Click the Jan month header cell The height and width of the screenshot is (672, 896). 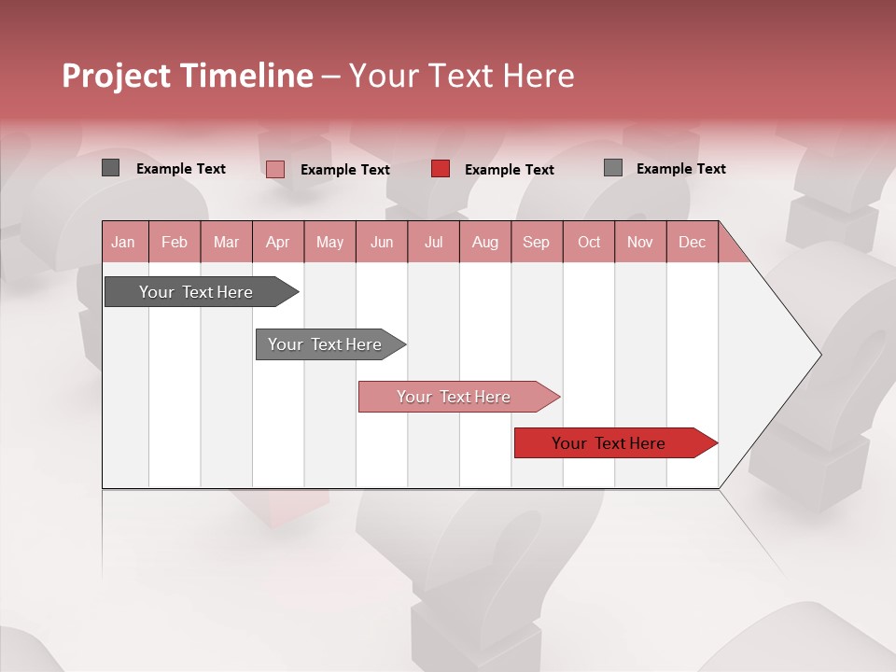pyautogui.click(x=124, y=242)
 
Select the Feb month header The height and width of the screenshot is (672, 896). pyautogui.click(x=175, y=242)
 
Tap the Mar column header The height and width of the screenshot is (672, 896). pyautogui.click(x=226, y=242)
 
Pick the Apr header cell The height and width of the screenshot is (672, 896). pyautogui.click(x=278, y=242)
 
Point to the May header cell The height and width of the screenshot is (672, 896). pyautogui.click(x=329, y=242)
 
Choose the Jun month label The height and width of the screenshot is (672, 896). pyautogui.click(x=382, y=242)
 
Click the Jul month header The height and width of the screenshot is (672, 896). pyautogui.click(x=433, y=242)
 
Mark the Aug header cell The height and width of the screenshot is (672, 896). pyautogui.click(x=485, y=242)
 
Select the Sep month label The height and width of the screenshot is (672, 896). pyautogui.click(x=537, y=242)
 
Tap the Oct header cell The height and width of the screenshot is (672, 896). pyautogui.click(x=589, y=242)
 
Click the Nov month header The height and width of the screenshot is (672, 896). pyautogui.click(x=640, y=242)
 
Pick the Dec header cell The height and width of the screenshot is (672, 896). pyautogui.click(x=693, y=242)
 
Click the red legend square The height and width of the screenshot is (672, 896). pyautogui.click(x=441, y=169)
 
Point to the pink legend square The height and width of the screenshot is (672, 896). pyautogui.click(x=275, y=169)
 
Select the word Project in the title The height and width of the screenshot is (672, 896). pyautogui.click(x=115, y=76)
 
